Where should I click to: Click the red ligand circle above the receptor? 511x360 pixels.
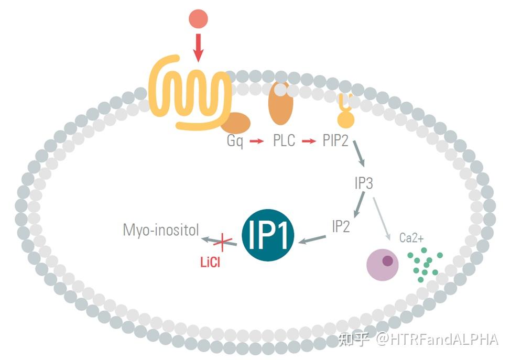click(x=198, y=19)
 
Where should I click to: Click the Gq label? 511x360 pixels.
click(x=235, y=141)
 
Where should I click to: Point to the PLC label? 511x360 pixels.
click(x=284, y=141)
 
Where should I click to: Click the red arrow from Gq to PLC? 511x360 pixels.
click(x=257, y=141)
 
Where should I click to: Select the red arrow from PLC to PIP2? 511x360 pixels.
click(x=309, y=141)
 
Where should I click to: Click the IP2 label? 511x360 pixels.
click(x=341, y=226)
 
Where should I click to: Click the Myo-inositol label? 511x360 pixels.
click(x=161, y=230)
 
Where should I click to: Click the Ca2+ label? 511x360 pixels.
click(x=411, y=238)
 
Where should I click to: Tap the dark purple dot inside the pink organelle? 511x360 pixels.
click(x=388, y=260)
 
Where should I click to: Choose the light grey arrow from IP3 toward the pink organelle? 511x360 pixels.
click(x=381, y=217)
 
